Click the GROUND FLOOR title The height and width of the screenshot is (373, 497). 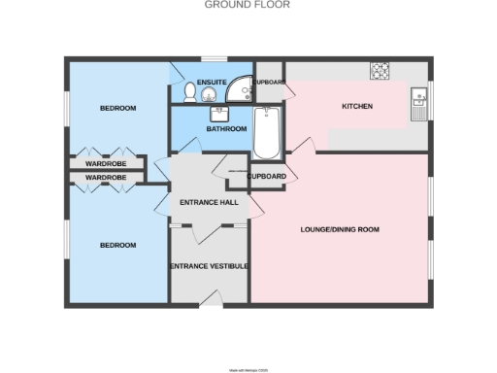click(x=247, y=5)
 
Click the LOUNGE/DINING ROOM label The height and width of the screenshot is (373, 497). click(x=340, y=229)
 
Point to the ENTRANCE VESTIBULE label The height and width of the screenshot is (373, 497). click(x=210, y=266)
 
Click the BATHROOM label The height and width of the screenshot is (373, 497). click(x=224, y=128)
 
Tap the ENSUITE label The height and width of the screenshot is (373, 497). click(x=211, y=82)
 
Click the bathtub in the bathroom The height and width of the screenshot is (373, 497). click(x=266, y=133)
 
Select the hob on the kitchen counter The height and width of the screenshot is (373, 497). click(x=379, y=70)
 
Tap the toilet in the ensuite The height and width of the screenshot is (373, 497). click(x=189, y=92)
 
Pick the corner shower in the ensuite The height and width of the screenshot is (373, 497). click(x=239, y=91)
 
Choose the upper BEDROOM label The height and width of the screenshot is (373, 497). click(x=117, y=107)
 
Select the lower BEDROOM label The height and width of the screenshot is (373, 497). click(x=117, y=245)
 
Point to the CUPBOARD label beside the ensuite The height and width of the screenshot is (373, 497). click(x=269, y=83)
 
